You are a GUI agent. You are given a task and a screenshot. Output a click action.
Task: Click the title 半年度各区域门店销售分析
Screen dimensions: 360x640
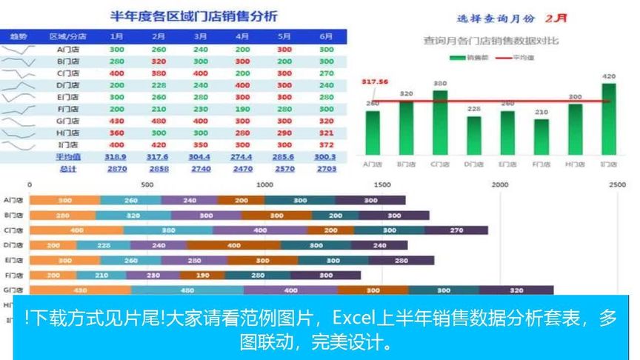[x=193, y=16]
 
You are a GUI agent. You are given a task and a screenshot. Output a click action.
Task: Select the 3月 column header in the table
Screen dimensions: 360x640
[x=200, y=36]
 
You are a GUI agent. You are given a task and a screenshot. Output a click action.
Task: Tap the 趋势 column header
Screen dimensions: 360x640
[x=18, y=36]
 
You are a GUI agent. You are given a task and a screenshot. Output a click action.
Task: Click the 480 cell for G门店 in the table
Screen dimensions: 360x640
[x=159, y=121]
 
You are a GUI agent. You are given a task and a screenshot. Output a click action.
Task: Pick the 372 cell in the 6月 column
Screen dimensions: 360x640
[x=327, y=144]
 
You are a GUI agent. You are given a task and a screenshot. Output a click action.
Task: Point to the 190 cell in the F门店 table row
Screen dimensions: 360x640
[x=242, y=109]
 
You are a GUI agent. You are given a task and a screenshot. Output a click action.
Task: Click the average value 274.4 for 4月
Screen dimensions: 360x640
[x=242, y=157]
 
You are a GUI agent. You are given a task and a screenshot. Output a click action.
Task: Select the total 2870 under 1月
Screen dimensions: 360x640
[x=116, y=169]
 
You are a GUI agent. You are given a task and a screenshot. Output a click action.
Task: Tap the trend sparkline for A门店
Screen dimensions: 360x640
[x=18, y=50]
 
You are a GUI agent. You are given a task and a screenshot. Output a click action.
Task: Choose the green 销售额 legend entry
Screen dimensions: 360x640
[x=465, y=56]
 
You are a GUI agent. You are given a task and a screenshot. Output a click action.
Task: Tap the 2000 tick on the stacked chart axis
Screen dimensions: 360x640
[x=501, y=184]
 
